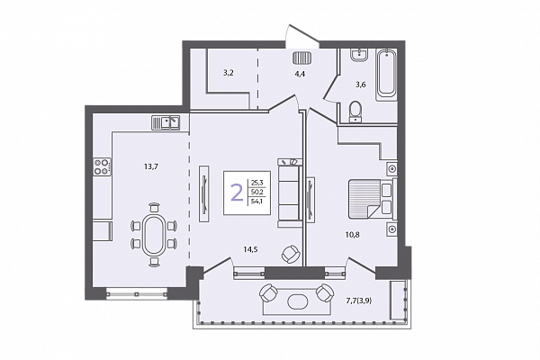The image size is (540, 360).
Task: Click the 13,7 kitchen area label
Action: coord(151,166)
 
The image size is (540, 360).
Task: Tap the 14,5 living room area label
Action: coord(250,250)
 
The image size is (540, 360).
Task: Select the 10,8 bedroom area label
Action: coord(352,235)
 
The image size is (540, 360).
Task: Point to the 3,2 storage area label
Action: coord(229,73)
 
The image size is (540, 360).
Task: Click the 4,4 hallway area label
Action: coord(300,74)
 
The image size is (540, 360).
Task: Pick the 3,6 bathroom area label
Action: coord(361,85)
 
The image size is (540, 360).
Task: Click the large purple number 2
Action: coord(237,193)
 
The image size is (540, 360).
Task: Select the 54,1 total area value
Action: coord(256,202)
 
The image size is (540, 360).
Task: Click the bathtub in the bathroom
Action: coord(386,75)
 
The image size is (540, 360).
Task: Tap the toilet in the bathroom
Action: coord(355,112)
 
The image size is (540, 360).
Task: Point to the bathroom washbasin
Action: coord(359,55)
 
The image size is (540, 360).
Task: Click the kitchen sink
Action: coord(166,122)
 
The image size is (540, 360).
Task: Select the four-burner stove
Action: coord(103,166)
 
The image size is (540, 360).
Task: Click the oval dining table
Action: coord(152,235)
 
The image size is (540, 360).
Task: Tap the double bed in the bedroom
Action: coord(371,199)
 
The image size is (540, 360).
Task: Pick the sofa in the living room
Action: coord(290,193)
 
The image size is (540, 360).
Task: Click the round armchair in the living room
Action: coord(291,254)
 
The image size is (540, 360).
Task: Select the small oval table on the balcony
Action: coord(297,301)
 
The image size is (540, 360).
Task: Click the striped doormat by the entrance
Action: coord(302,58)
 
